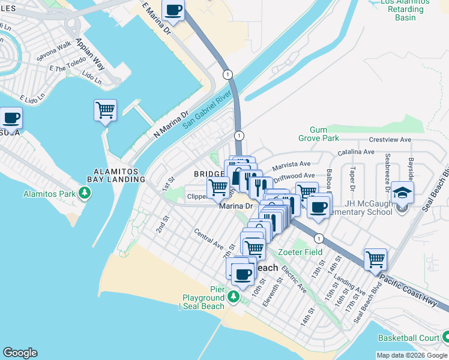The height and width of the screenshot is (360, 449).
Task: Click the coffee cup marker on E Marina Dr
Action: click(x=173, y=10)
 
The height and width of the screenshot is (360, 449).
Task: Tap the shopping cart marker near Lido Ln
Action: click(x=105, y=110)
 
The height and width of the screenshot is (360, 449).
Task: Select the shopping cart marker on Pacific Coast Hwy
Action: click(x=375, y=259)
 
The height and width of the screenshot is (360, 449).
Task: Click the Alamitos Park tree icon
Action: click(x=86, y=193)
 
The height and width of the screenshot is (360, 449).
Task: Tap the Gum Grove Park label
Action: click(x=324, y=134)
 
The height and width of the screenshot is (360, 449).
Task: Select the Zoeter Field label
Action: click(x=304, y=252)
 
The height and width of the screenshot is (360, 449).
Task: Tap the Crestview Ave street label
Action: click(x=390, y=139)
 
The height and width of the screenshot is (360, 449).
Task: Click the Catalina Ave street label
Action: click(x=357, y=153)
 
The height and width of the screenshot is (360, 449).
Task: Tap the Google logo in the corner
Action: click(x=20, y=353)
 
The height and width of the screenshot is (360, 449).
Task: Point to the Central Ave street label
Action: click(x=208, y=239)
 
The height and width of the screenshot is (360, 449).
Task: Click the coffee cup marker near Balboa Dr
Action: click(x=318, y=208)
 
